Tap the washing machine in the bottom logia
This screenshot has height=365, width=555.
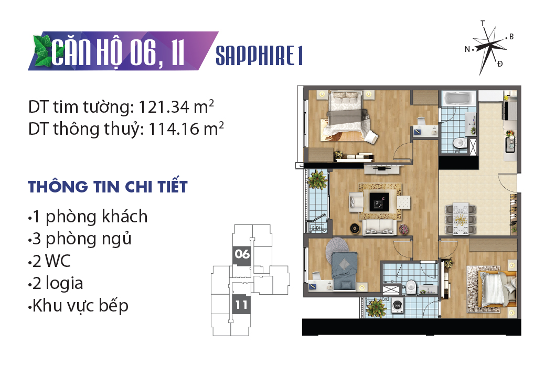[398, 306]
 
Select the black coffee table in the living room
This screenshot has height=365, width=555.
[379, 201]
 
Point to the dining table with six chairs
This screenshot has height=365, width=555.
[460, 219]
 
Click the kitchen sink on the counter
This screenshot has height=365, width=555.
[509, 145]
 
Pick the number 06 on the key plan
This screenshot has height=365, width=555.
[242, 254]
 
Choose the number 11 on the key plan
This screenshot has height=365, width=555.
[241, 305]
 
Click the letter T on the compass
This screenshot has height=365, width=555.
[483, 24]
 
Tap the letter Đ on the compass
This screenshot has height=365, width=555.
[500, 63]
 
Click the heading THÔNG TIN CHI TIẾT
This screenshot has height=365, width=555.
[108, 187]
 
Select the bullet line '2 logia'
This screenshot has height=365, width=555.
[56, 283]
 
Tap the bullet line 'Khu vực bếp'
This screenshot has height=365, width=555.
[78, 306]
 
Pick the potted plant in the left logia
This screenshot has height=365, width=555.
[317, 179]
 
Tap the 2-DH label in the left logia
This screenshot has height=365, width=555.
[317, 228]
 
